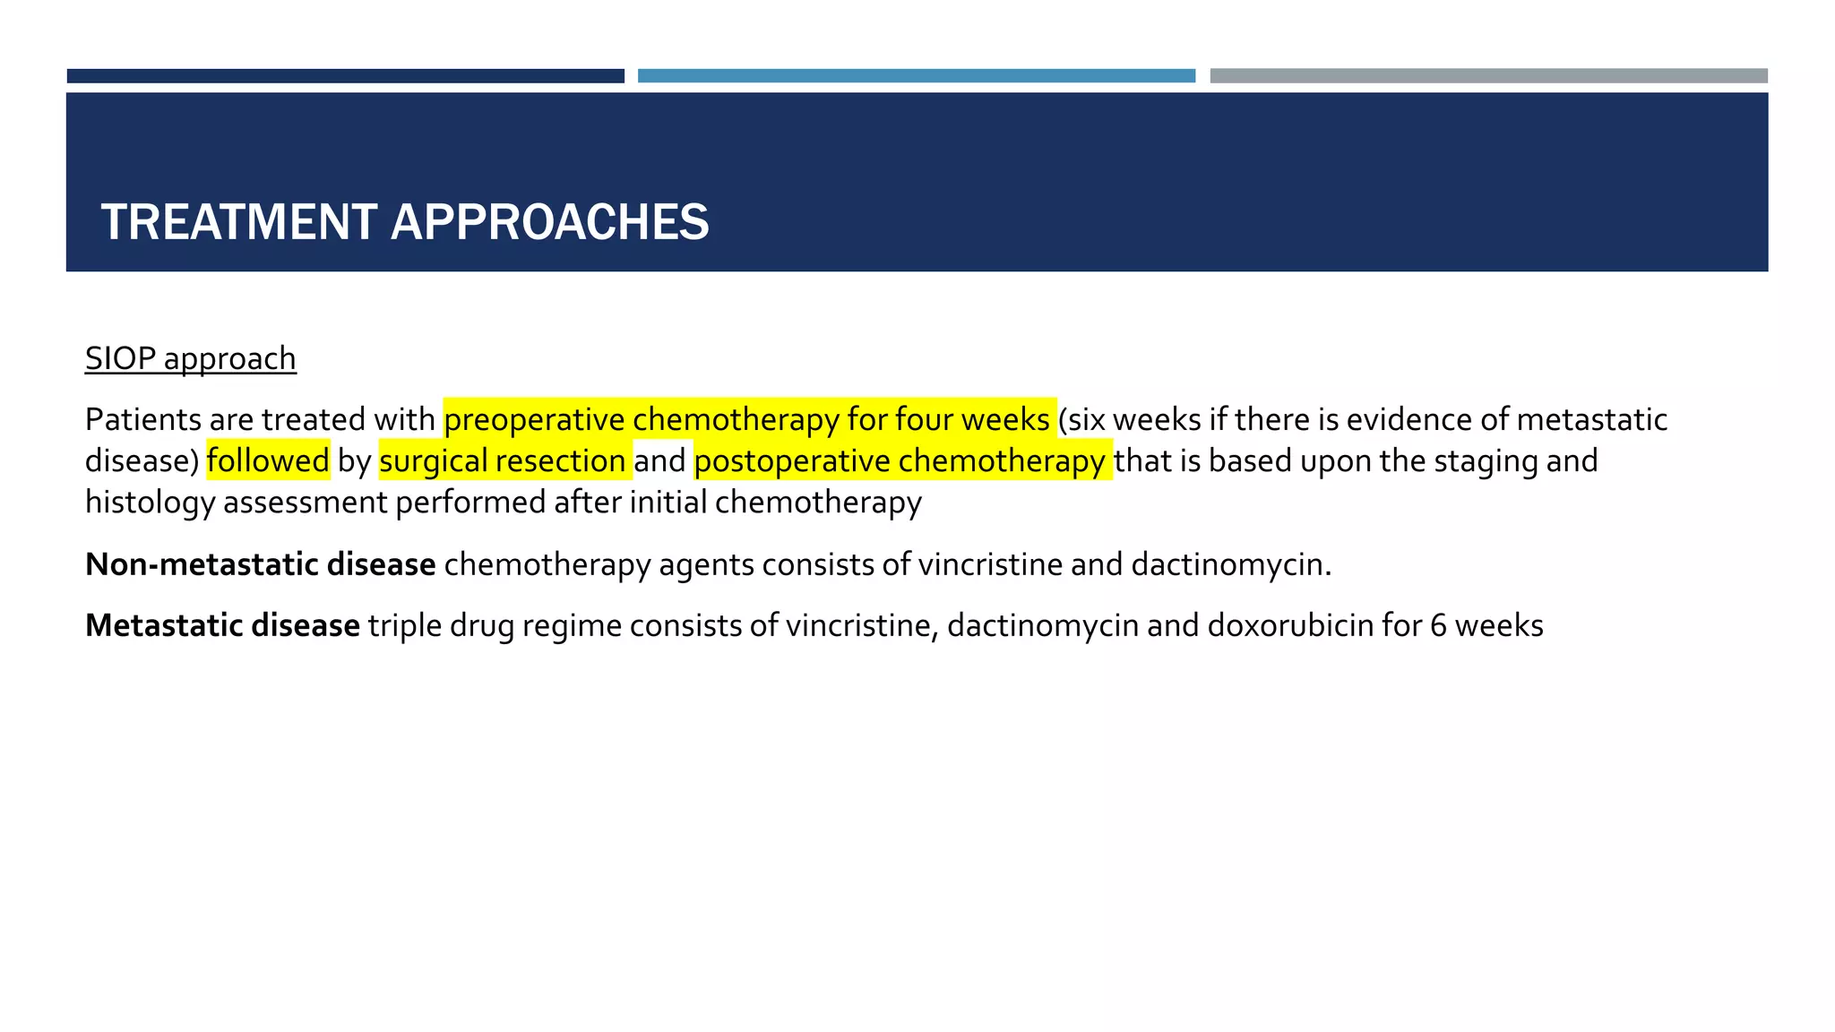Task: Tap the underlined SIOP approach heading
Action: pyautogui.click(x=190, y=358)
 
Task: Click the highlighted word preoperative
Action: pyautogui.click(x=534, y=419)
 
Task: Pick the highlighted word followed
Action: pyautogui.click(x=268, y=460)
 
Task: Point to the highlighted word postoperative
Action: pyautogui.click(x=792, y=460)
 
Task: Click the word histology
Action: pyautogui.click(x=150, y=503)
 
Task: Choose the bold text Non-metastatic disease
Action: pyautogui.click(x=260, y=564)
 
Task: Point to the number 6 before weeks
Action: pyautogui.click(x=1438, y=625)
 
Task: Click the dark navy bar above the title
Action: pyautogui.click(x=345, y=76)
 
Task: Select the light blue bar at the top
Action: pyautogui.click(x=916, y=76)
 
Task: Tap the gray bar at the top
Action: pyautogui.click(x=1488, y=76)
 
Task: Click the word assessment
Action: pyautogui.click(x=305, y=503)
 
